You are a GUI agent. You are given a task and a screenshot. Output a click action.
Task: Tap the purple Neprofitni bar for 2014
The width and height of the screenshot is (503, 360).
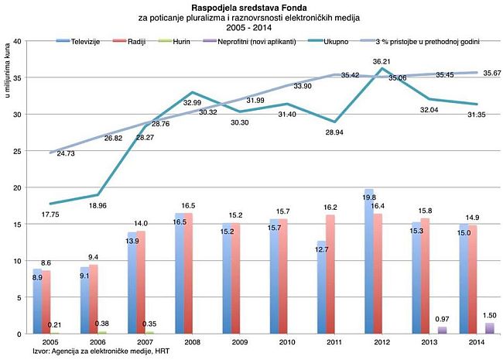coord(489,328)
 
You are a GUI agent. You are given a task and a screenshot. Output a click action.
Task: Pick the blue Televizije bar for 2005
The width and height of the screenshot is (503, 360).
coord(37,301)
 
